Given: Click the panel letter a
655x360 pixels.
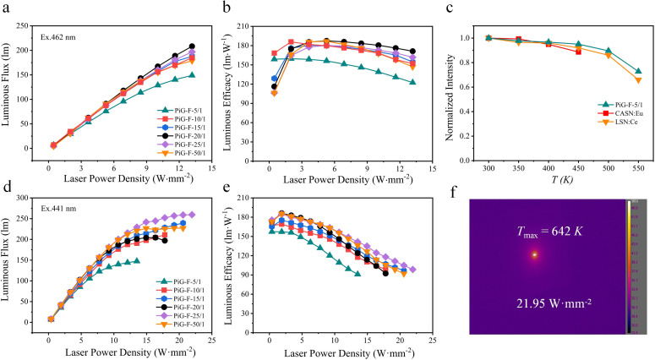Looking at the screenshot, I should tap(7, 8).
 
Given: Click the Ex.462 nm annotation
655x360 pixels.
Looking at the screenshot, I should tap(59, 37).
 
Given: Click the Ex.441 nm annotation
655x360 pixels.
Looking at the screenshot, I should tap(59, 217).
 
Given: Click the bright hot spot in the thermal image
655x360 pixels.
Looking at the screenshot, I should tap(534, 254).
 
